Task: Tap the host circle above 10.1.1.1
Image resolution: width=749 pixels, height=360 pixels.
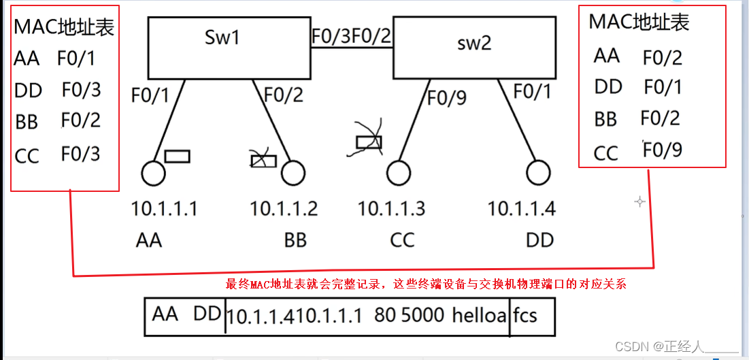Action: [153, 173]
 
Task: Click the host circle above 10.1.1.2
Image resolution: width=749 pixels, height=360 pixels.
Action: [293, 173]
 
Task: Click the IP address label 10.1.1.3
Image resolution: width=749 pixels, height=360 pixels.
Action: [391, 208]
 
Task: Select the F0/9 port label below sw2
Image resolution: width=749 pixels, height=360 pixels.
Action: [447, 98]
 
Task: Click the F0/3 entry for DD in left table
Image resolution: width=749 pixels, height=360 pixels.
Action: [81, 90]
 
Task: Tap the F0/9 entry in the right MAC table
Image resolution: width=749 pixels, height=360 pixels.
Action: [663, 150]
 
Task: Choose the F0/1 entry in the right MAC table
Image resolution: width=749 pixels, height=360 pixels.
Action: [663, 87]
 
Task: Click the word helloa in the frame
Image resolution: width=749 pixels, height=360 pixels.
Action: [479, 316]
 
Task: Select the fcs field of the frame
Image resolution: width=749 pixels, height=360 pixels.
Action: [525, 316]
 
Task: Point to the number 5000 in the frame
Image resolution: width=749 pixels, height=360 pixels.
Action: [420, 316]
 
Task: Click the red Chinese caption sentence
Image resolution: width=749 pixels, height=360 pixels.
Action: [425, 284]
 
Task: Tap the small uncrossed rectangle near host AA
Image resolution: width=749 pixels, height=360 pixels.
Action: [177, 157]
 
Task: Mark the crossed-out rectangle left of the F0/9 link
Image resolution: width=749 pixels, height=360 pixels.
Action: [369, 142]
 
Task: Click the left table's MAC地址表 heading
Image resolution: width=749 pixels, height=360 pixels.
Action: [64, 27]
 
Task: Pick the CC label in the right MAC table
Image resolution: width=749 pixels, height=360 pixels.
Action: [605, 153]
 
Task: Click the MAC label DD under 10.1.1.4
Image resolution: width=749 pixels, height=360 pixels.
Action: [539, 240]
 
